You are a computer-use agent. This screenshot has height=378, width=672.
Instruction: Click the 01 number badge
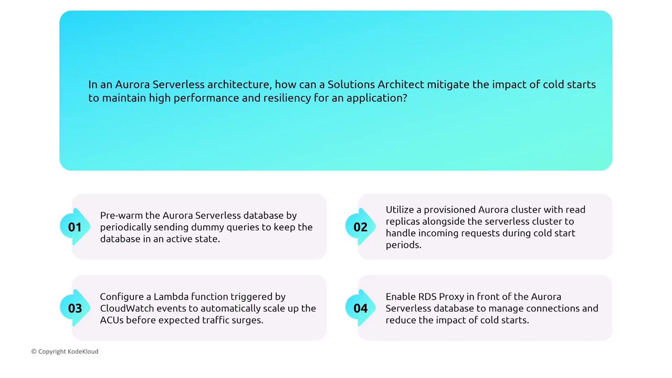(x=75, y=227)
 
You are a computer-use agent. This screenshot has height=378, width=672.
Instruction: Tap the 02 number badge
(x=360, y=227)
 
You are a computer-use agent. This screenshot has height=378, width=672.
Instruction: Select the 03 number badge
(x=75, y=308)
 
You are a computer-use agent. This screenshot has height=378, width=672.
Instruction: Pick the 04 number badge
(x=360, y=308)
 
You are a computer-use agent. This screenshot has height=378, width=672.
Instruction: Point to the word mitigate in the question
(x=448, y=85)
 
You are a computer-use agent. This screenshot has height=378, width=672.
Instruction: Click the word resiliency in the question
(x=287, y=98)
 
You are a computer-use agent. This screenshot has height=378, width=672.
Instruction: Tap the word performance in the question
(x=206, y=98)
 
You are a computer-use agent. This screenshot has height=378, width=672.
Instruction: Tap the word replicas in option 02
(x=403, y=222)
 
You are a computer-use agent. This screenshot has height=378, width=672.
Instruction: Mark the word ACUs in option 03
(x=112, y=320)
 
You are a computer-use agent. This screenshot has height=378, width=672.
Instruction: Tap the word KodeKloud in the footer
(x=83, y=351)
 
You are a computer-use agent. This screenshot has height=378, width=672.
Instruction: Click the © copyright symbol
(x=34, y=351)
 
